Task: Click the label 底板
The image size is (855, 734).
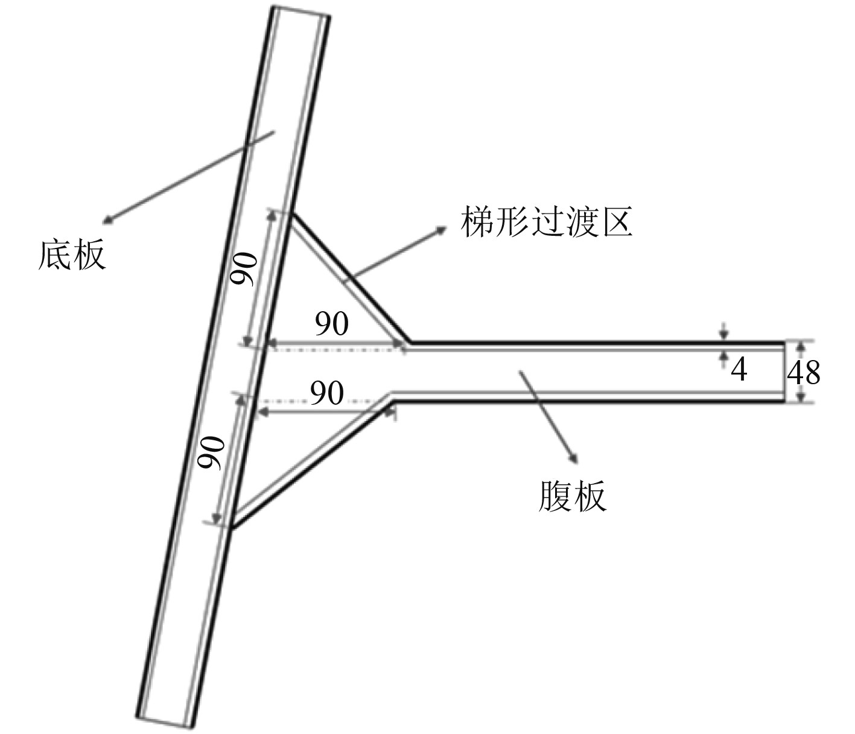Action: [x=72, y=255]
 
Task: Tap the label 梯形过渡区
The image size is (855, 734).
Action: [x=546, y=222]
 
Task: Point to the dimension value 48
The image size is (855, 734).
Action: [x=804, y=373]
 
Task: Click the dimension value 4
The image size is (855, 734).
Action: [x=739, y=369]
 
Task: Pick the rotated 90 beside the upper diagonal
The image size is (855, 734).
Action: [x=246, y=270]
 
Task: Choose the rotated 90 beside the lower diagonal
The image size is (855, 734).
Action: [x=212, y=454]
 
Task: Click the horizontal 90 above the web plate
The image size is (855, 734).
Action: [x=332, y=324]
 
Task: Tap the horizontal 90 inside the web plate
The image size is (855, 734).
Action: [x=327, y=393]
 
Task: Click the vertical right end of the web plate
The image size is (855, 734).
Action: [x=785, y=372]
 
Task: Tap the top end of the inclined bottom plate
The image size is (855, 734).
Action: [x=300, y=12]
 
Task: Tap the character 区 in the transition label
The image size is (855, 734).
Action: [x=616, y=222]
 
